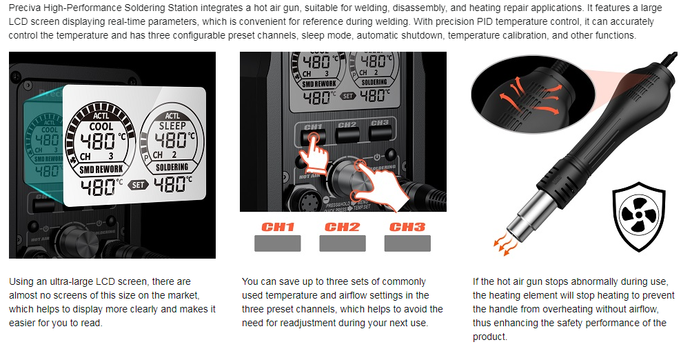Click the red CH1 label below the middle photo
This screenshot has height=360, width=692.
point(278,227)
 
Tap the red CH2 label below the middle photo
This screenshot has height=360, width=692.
point(343,227)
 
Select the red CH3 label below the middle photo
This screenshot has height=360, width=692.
point(407,227)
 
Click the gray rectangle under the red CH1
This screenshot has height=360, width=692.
point(278,243)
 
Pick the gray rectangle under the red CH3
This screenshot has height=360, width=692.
point(407,243)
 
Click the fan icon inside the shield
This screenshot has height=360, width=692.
point(638,216)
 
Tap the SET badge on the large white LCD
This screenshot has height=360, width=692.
point(138,185)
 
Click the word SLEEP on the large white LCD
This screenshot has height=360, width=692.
point(172,126)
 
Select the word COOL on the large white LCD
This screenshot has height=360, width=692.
point(101,127)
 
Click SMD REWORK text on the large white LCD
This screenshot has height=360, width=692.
point(101,169)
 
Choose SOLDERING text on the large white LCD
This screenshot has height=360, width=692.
point(172,167)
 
